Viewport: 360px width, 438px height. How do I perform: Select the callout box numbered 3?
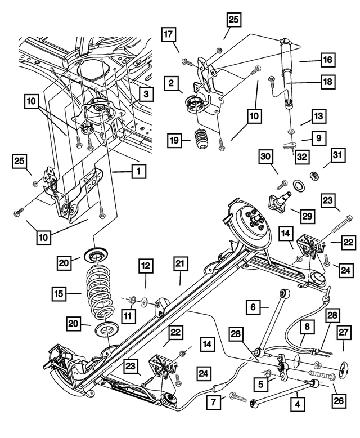pyautogui.click(x=145, y=93)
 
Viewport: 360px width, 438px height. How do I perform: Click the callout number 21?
pyautogui.click(x=180, y=264)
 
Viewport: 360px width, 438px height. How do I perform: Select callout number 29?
pyautogui.click(x=307, y=215)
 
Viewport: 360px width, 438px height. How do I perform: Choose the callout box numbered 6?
pyautogui.click(x=253, y=307)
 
